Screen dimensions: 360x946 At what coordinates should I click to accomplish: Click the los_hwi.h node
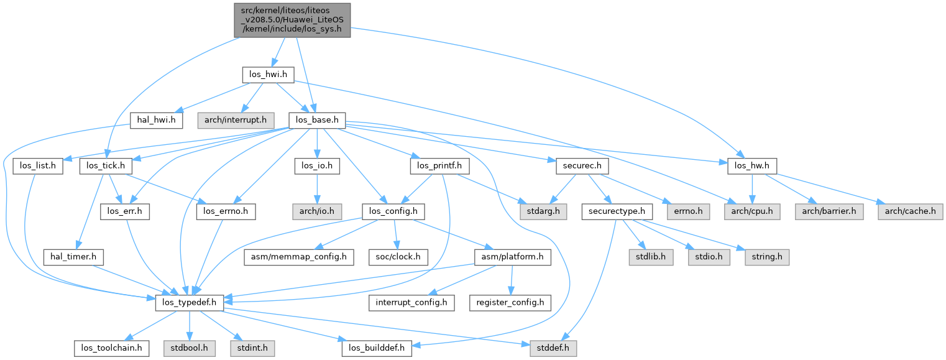[267, 75]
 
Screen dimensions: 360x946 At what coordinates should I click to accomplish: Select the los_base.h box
[317, 120]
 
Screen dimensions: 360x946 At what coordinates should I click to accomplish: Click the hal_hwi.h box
[156, 120]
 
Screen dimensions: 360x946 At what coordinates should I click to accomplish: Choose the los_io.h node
[317, 166]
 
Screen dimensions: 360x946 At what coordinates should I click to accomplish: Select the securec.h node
[577, 166]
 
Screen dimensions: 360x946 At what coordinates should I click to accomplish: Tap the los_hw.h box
[752, 166]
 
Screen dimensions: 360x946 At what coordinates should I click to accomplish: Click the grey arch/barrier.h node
[829, 211]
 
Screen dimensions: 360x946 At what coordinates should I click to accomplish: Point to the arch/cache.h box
[911, 211]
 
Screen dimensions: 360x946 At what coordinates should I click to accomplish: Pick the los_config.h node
[393, 211]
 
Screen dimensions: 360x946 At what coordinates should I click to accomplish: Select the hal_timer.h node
[73, 256]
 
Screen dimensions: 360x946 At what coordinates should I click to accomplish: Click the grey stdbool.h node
[189, 348]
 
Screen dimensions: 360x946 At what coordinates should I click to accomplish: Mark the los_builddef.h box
[377, 348]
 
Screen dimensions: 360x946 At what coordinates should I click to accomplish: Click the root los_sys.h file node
[292, 19]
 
